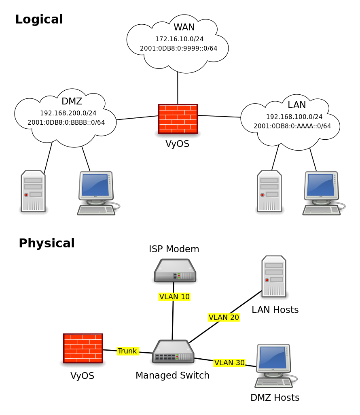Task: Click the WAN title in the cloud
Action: pos(184,28)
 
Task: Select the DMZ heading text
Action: pos(72,102)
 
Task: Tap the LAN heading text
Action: pos(297,105)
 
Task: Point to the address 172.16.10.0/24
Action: pos(179,39)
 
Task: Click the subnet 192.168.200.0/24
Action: pos(68,113)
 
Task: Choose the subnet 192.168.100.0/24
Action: pos(294,117)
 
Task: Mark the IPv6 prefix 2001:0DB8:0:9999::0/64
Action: pos(178,49)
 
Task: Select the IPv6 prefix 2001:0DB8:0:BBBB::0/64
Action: pos(66,123)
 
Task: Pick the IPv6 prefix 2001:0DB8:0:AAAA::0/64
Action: pos(292,126)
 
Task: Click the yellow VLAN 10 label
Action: pos(174,297)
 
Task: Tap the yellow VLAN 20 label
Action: pos(224,317)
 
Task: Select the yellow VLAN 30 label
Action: pos(229,363)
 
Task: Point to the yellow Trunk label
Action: pos(128,351)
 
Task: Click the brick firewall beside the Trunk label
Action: pos(83,348)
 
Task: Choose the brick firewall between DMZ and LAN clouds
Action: pos(178,119)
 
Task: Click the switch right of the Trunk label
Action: pos(173,351)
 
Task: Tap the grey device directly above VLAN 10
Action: pos(175,270)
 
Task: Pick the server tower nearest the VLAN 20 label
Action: pos(274,276)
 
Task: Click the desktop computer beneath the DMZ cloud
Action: pos(97,193)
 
